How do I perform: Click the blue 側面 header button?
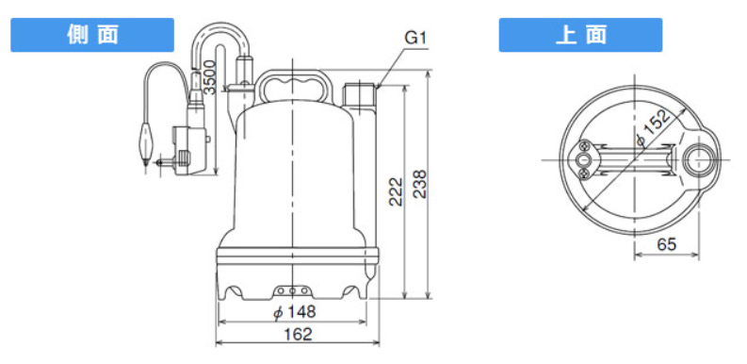coord(92,35)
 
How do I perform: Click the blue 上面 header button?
coord(580,35)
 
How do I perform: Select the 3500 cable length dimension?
coord(210,76)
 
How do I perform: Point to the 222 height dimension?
coord(396,191)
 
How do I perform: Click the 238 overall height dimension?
coord(420,184)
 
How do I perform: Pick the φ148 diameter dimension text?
coord(295,312)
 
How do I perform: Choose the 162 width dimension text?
coord(298,334)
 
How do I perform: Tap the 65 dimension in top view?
coord(667,244)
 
